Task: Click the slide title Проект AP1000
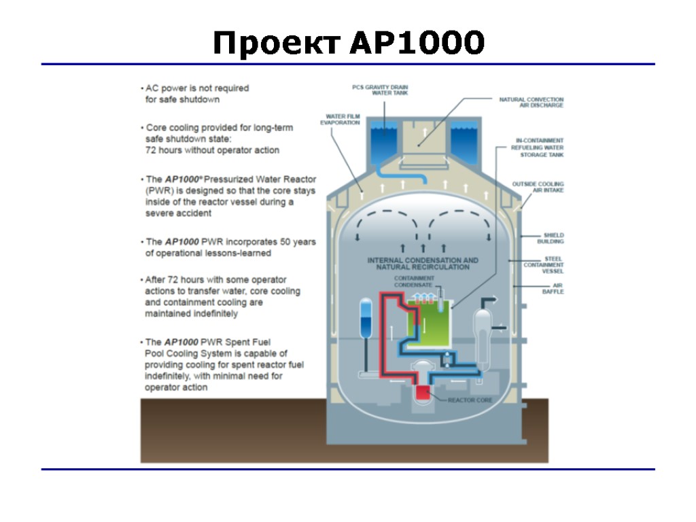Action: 348,44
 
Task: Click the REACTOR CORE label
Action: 470,400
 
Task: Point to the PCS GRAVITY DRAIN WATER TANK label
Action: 380,90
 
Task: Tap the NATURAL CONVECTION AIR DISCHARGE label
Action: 531,102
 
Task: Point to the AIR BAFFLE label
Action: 553,289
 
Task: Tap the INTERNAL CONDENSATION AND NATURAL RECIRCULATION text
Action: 422,264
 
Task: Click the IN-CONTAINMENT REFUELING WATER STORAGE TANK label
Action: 539,147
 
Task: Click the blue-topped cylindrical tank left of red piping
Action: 366,319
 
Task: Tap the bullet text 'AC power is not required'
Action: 197,88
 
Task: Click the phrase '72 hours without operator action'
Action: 212,150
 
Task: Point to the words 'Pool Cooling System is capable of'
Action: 216,353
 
